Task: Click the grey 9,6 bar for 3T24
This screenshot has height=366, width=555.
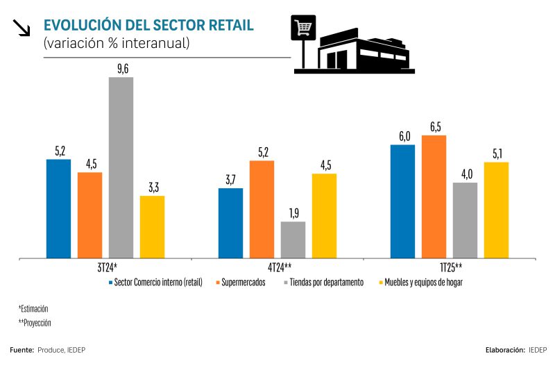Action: (121, 167)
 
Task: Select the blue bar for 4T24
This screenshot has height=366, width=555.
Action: (230, 223)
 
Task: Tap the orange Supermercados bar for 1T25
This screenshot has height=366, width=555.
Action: (434, 197)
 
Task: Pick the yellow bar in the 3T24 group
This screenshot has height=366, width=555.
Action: (152, 227)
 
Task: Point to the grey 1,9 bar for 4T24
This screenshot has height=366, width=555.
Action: (293, 240)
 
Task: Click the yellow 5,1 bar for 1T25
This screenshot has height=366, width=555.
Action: (496, 210)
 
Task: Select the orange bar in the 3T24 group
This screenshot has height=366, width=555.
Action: (89, 215)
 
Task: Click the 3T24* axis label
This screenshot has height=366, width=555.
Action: (106, 267)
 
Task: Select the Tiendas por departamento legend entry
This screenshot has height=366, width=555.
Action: (325, 283)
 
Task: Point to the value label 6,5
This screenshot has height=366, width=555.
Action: (434, 126)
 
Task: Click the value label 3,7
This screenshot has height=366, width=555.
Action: (230, 180)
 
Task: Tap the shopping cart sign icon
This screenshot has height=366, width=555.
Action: (303, 29)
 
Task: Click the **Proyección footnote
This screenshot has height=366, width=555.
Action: (35, 322)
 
